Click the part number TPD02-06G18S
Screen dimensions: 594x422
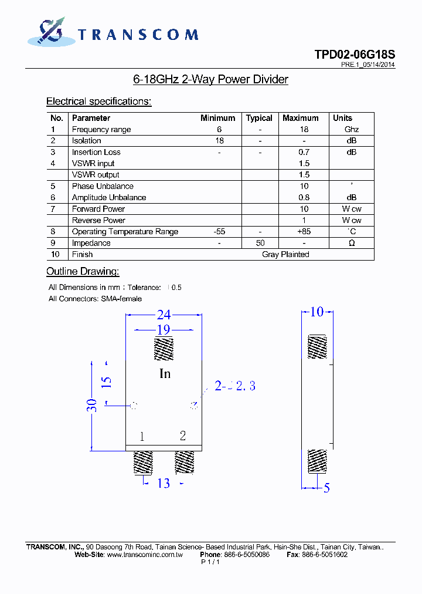pos(354,55)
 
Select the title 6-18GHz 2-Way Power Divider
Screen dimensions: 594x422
pos(211,79)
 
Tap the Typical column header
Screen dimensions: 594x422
pos(259,118)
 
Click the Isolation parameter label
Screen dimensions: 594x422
pos(86,141)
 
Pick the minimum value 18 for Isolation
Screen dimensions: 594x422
pos(219,141)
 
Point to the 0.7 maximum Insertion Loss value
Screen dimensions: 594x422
pos(304,152)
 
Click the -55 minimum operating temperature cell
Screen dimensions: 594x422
pos(219,232)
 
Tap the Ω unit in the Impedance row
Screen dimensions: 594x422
pos(352,243)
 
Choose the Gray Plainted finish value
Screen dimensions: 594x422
pos(285,254)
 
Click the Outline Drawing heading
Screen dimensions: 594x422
pos(83,271)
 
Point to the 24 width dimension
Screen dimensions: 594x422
pos(164,315)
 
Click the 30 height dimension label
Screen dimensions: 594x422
pos(93,405)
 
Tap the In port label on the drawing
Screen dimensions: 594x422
pos(165,373)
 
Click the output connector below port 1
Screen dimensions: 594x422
pos(143,463)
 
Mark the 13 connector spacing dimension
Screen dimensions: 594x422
pos(163,483)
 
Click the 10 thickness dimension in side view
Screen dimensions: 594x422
pos(316,312)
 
